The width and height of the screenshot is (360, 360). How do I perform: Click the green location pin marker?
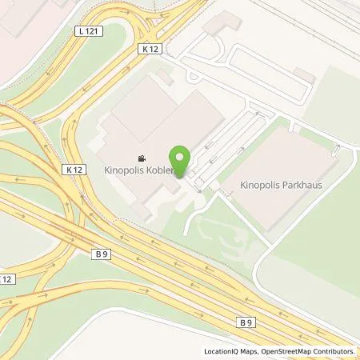pos(180,159)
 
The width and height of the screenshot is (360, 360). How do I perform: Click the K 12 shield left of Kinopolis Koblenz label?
pos(75,170)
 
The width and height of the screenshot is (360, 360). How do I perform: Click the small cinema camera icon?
pos(142,158)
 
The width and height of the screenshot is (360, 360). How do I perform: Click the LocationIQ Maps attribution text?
pos(232,351)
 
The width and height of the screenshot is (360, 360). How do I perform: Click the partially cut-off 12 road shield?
pos(6,278)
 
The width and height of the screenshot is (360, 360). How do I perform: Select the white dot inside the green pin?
pos(180,155)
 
